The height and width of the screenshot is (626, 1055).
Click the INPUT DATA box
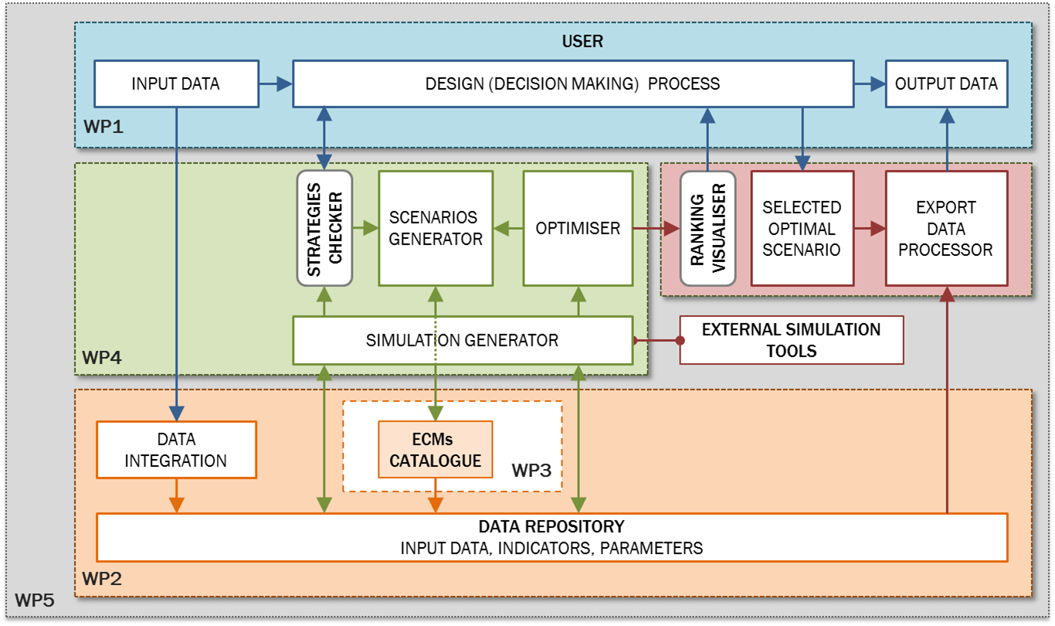point(175,84)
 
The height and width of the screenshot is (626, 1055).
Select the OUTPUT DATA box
point(946,84)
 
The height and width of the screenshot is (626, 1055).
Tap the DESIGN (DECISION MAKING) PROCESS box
point(572,84)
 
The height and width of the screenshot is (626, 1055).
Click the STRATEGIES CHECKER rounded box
point(324,228)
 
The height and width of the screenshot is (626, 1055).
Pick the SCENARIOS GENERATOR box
point(436,228)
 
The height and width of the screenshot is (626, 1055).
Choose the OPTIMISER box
point(578,228)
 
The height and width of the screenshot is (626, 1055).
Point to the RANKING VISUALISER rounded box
point(707,228)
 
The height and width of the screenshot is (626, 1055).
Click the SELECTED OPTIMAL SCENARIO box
point(802,228)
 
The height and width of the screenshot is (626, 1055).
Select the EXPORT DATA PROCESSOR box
point(946,228)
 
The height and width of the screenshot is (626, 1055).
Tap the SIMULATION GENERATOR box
point(462,340)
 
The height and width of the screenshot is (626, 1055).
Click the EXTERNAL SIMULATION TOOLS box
point(791,340)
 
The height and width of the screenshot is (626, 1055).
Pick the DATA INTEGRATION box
point(175,450)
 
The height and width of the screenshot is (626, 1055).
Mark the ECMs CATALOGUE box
point(435,450)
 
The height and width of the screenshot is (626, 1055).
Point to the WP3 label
point(532,470)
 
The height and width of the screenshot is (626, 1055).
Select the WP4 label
point(102,357)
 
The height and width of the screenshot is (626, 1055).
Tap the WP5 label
point(34,599)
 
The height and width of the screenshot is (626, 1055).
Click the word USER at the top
point(582,42)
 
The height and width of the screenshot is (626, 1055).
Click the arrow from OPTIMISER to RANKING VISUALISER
point(656,229)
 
